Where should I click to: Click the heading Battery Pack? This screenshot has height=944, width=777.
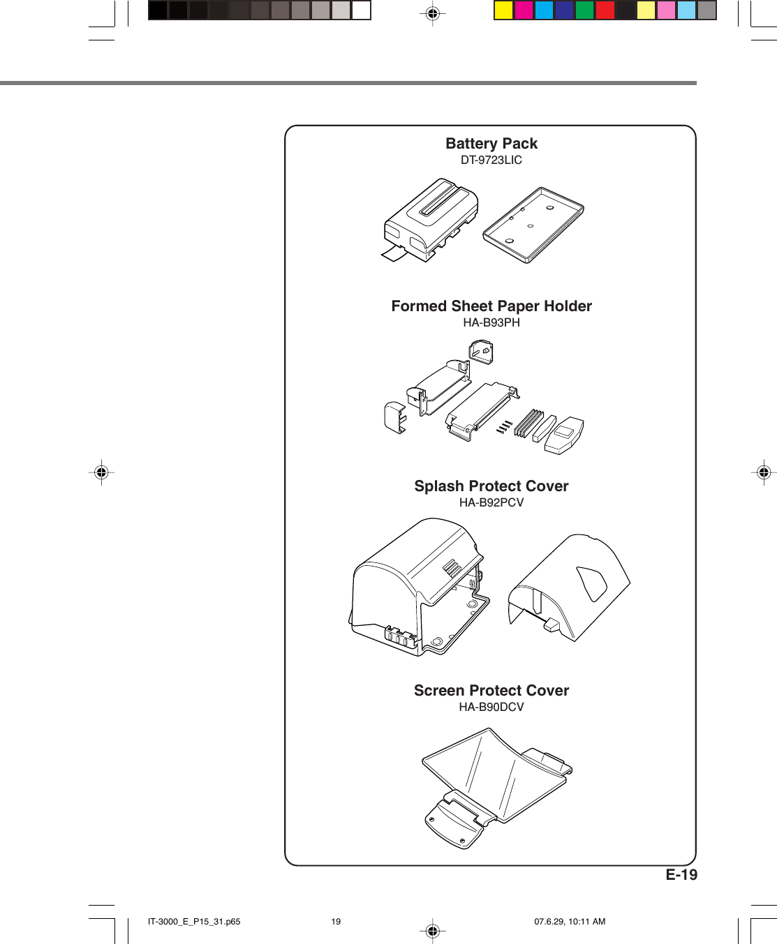click(491, 144)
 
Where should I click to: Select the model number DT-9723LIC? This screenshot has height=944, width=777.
click(491, 160)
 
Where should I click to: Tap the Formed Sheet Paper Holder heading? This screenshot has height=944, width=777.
click(491, 306)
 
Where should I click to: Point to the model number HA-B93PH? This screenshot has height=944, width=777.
click(491, 322)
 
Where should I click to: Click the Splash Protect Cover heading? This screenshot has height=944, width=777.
click(491, 486)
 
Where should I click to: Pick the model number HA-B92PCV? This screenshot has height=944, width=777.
click(491, 502)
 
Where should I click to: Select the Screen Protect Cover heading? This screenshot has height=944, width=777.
click(491, 691)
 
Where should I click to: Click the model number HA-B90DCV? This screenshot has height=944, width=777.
click(491, 707)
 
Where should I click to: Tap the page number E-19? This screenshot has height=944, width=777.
click(681, 875)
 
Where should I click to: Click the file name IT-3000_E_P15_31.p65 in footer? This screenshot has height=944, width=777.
click(194, 922)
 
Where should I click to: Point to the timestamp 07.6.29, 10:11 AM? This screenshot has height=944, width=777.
click(570, 922)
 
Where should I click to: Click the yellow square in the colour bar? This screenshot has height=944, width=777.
click(503, 10)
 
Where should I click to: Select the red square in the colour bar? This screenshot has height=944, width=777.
click(605, 10)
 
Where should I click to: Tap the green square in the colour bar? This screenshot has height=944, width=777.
click(584, 10)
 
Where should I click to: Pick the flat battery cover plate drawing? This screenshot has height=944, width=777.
click(533, 225)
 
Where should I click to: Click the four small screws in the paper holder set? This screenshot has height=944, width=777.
click(505, 426)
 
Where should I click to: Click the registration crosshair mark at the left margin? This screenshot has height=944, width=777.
click(101, 472)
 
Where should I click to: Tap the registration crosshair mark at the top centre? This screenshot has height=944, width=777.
click(432, 13)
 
